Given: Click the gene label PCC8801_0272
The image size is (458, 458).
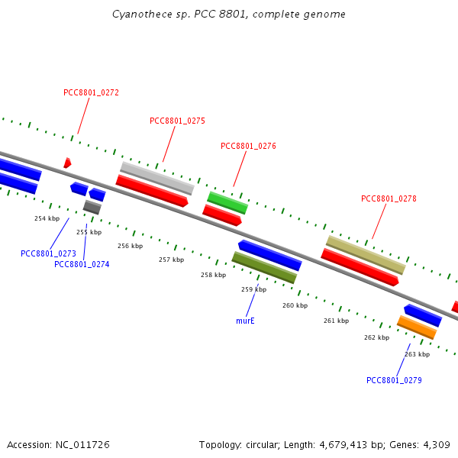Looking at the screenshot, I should click(x=91, y=92).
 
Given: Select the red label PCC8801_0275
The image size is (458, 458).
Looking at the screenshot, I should click(x=177, y=121).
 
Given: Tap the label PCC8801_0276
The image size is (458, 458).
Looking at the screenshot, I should click(x=248, y=146).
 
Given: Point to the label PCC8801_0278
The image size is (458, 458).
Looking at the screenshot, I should click(x=389, y=198).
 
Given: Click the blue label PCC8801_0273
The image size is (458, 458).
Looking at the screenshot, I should click(x=48, y=253).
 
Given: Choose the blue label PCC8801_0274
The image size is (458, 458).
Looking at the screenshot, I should click(x=82, y=264).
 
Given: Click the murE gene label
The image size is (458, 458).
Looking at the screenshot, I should click(x=245, y=321).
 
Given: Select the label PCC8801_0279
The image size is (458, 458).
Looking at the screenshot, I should click(x=394, y=380).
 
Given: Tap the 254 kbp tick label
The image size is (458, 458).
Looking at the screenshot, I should click(x=47, y=218).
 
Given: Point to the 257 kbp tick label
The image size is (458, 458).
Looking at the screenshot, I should click(x=171, y=260).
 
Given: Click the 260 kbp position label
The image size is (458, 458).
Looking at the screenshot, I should click(x=295, y=305).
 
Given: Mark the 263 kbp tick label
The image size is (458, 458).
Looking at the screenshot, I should click(x=417, y=353).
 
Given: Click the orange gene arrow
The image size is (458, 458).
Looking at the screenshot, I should click(x=417, y=327).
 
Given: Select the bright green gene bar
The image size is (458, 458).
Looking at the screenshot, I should click(x=227, y=202).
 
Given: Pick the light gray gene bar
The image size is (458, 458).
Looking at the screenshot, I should click(x=157, y=178).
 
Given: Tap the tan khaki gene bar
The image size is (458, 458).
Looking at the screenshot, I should click(x=366, y=255).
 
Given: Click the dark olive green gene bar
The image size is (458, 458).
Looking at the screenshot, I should click(x=264, y=268).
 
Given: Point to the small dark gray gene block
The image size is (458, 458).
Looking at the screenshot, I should click(x=92, y=207).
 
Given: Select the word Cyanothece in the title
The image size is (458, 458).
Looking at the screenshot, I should click(x=137, y=15).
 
